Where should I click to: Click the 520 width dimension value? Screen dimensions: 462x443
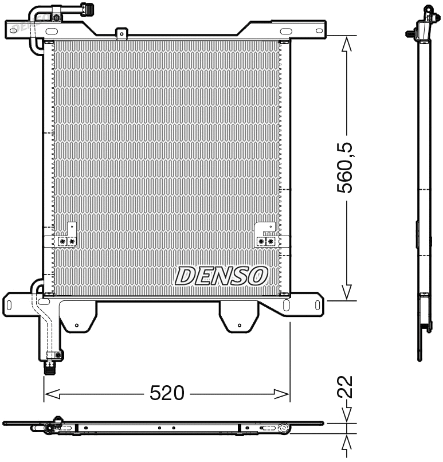(167, 393)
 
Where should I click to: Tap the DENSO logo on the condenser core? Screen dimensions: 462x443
(222, 275)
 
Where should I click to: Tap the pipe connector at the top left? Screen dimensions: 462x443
(87, 9)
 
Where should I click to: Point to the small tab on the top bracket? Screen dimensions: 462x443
(120, 34)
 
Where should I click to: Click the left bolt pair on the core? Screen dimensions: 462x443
(66, 241)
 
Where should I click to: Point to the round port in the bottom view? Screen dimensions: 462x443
(281, 427)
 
